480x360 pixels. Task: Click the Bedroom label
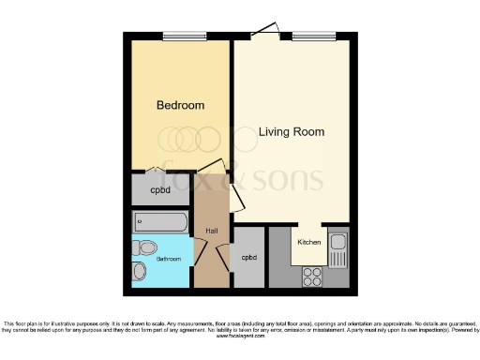[x=180, y=106]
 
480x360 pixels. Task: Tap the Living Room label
[x=292, y=132]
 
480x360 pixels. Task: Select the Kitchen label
[x=308, y=242]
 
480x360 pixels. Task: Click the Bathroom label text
[x=169, y=258]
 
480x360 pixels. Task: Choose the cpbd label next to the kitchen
[x=248, y=257]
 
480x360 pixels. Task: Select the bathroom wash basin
[x=140, y=272]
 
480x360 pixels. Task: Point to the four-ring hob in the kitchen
[x=313, y=277]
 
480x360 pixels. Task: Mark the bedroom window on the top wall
[x=185, y=37]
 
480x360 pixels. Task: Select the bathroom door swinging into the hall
[x=200, y=251]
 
